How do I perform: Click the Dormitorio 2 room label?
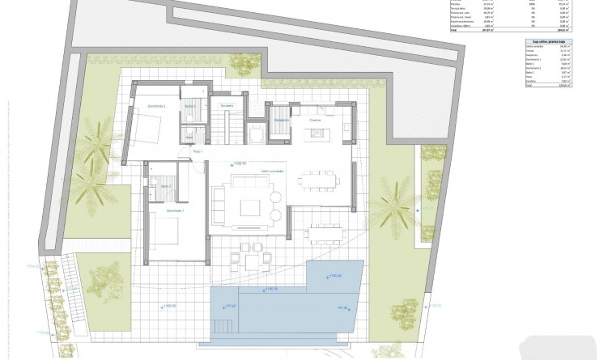[156, 106]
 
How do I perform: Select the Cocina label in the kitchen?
[315, 120]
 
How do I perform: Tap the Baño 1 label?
[165, 186]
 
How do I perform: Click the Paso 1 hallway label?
[197, 150]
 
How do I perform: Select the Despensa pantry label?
[280, 121]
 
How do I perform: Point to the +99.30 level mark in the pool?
[341, 307]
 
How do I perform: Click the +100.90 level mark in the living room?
[239, 164]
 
